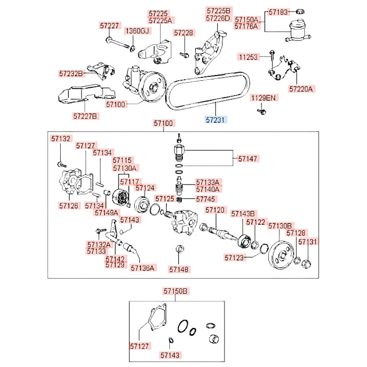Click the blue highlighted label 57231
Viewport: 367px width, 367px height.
216,119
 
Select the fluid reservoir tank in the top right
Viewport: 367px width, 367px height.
297,29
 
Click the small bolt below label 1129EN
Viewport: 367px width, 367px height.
261,110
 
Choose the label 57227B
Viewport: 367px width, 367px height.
85,116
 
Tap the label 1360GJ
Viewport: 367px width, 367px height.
137,31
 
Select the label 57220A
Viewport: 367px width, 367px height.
302,88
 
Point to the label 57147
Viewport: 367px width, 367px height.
248,159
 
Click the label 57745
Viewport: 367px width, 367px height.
206,199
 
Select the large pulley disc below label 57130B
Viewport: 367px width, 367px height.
281,255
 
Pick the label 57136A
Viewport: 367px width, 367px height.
142,268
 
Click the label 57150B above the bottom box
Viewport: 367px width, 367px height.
175,291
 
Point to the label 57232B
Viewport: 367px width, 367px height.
71,73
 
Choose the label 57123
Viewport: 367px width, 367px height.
234,258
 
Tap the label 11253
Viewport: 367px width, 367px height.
248,57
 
